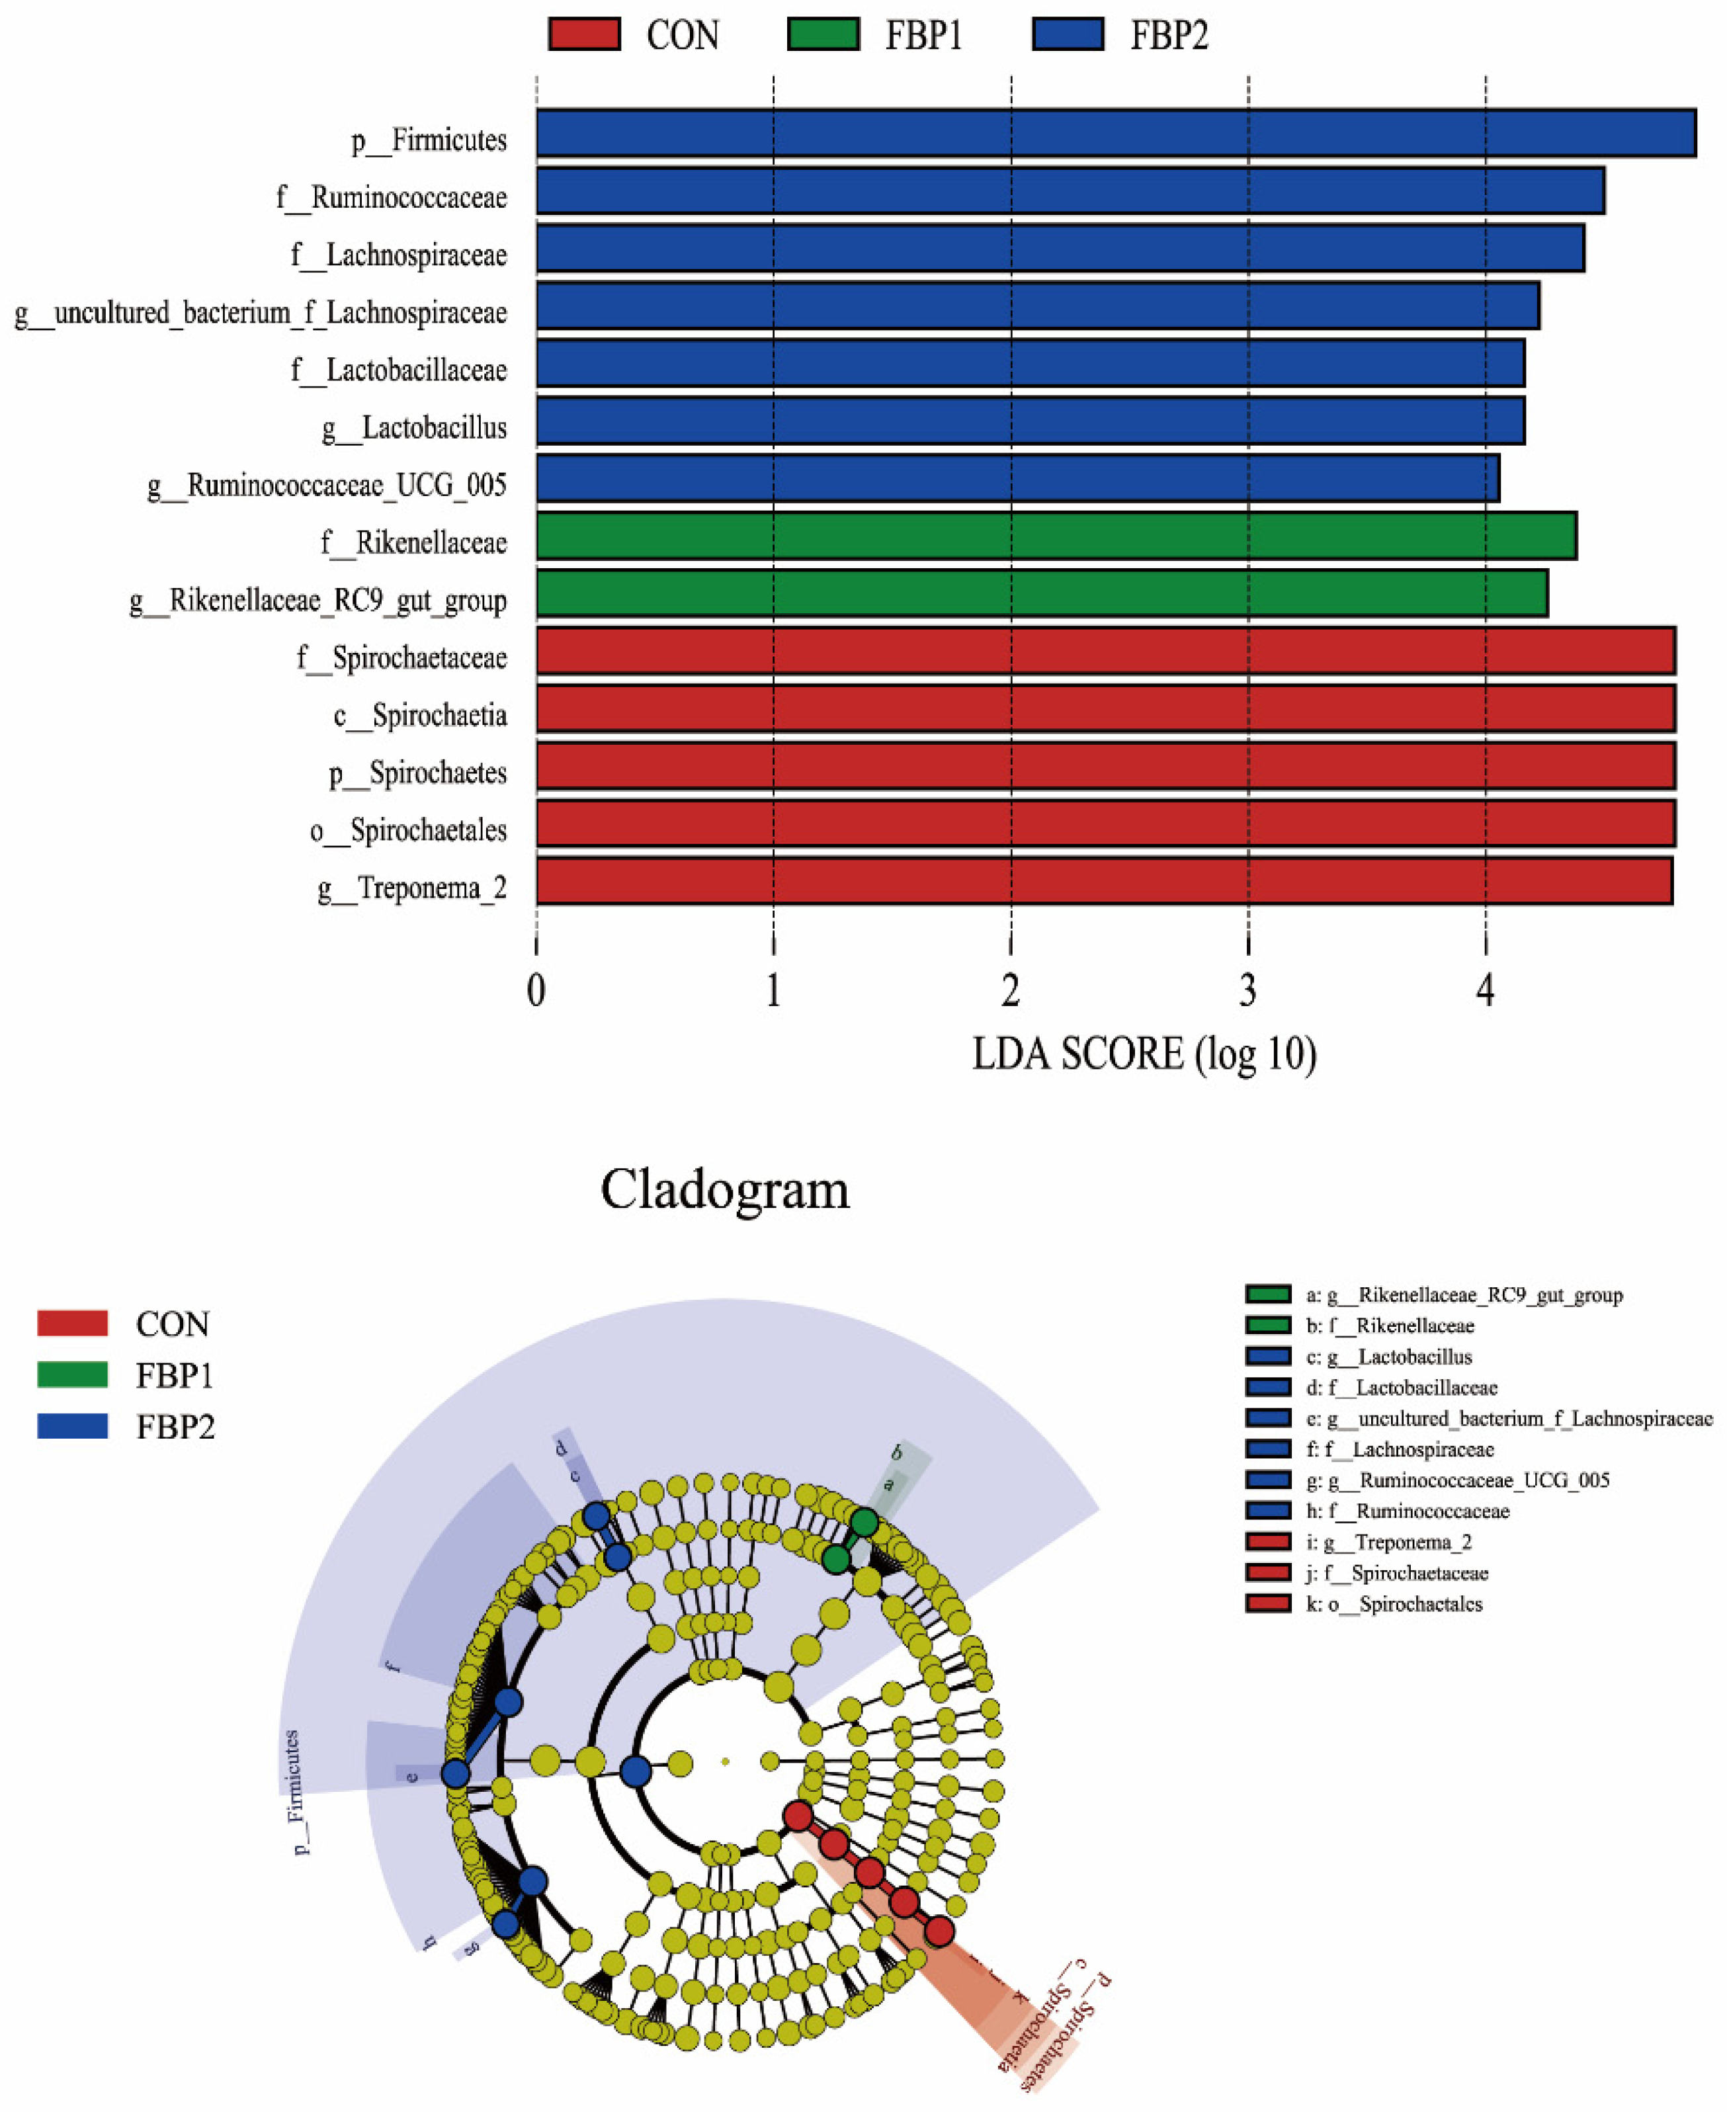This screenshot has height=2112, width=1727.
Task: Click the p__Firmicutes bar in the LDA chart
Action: tap(1115, 134)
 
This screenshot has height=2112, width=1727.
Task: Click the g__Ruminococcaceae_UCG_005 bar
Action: tap(1017, 478)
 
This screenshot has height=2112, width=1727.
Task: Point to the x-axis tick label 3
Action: tap(1247, 991)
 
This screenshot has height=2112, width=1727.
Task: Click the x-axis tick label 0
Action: tap(536, 991)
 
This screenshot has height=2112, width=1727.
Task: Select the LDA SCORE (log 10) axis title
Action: tap(1144, 1054)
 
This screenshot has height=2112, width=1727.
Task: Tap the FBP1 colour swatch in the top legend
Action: tap(823, 34)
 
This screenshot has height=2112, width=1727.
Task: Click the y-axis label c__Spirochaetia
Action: tap(420, 715)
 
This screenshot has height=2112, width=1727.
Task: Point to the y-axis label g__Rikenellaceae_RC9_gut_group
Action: tap(318, 601)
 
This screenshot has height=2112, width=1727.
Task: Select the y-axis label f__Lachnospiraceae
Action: tap(398, 256)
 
